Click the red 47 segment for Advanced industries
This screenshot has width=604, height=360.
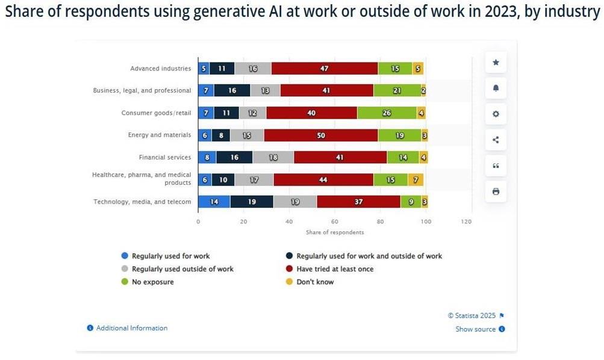[x=325, y=69]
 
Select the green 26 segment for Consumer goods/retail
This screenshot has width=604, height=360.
[x=387, y=113]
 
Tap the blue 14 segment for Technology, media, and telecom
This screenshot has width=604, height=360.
[x=214, y=202]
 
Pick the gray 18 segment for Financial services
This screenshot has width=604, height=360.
[x=273, y=158]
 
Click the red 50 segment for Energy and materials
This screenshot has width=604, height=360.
[x=321, y=135]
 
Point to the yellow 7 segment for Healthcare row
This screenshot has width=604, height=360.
[x=416, y=179]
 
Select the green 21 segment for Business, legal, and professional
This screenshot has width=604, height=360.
[x=397, y=91]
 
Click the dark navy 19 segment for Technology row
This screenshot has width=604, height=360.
[x=252, y=202]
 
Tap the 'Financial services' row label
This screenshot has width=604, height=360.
[x=164, y=158]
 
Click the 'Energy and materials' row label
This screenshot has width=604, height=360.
[x=159, y=135]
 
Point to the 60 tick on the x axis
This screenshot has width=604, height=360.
[x=335, y=222]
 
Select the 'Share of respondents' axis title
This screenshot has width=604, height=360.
[x=335, y=232]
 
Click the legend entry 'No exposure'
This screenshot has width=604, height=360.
[x=152, y=282]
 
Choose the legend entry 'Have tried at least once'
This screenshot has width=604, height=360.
[x=335, y=269]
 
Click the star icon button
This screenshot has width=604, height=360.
[x=496, y=62]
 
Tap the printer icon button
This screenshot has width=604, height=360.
[x=496, y=191]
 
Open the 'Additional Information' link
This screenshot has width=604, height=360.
[x=131, y=328]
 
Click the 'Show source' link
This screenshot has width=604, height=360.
[x=475, y=329]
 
